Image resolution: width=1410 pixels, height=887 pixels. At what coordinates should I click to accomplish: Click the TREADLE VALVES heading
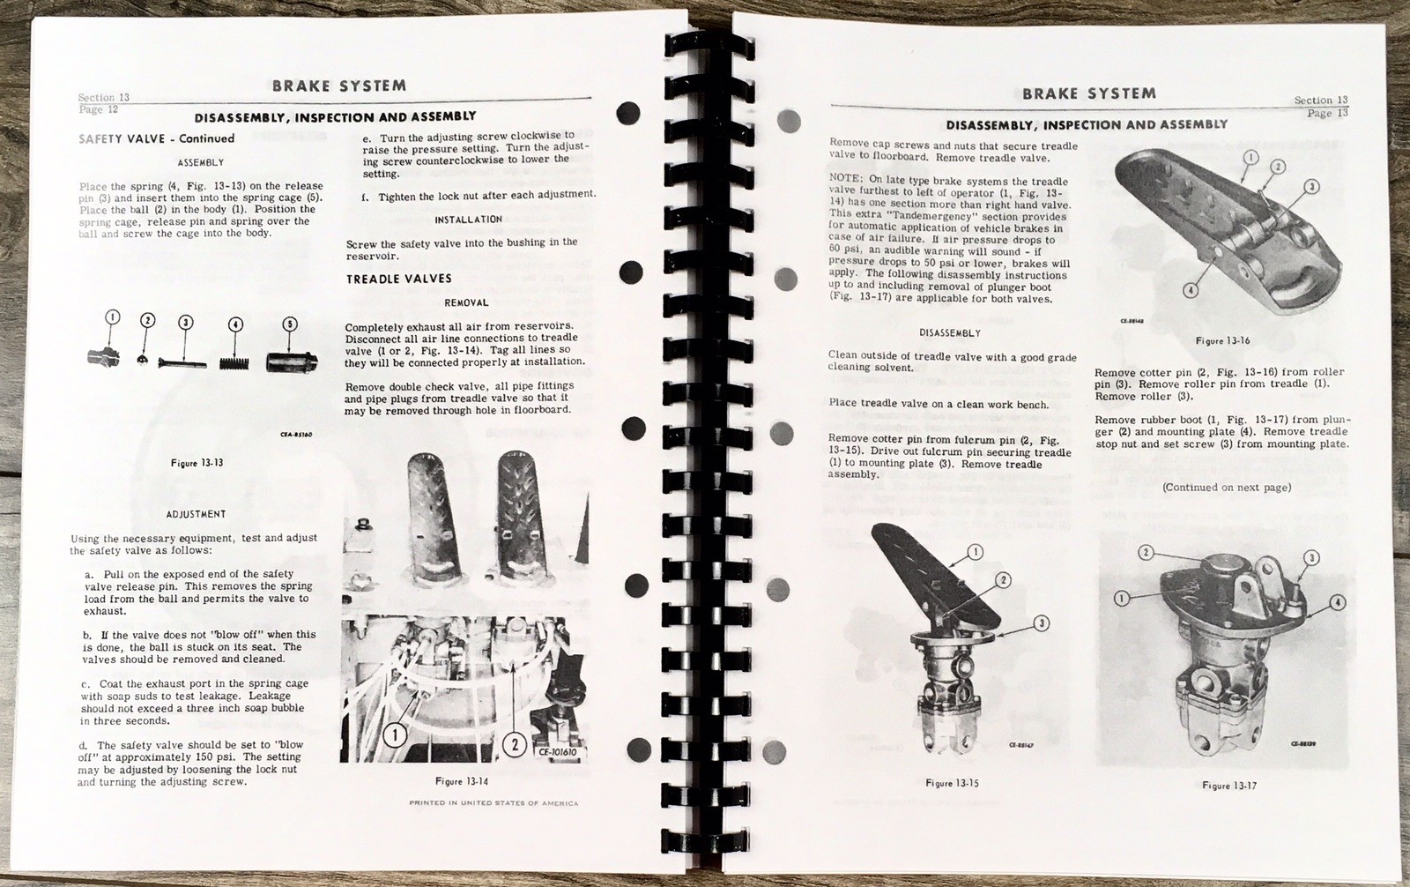tap(398, 279)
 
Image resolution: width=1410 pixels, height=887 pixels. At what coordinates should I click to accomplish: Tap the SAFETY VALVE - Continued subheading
tap(156, 138)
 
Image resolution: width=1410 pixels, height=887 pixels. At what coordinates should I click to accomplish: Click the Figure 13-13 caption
tap(197, 463)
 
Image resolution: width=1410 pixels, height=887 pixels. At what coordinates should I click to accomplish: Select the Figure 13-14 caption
tap(462, 781)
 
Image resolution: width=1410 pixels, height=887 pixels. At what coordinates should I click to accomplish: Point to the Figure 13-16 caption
tap(1222, 340)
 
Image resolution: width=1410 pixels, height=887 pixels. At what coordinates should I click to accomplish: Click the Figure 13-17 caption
tap(1228, 785)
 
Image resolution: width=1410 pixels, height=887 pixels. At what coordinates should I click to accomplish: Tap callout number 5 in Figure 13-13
tap(290, 324)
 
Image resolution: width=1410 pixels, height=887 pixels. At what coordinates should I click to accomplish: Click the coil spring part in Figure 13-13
tap(235, 362)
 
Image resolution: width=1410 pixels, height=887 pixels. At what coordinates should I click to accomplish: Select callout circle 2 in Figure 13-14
tap(515, 744)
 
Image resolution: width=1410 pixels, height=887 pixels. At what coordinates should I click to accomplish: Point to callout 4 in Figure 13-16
tap(1191, 290)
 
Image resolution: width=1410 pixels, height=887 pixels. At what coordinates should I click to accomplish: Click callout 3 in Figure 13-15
tap(1042, 623)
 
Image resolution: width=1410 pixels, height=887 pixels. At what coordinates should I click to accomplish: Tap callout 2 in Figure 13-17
tap(1146, 553)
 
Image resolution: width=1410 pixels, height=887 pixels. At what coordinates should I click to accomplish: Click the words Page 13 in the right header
tap(1327, 113)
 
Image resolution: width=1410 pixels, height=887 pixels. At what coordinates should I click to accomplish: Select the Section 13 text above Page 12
tap(103, 98)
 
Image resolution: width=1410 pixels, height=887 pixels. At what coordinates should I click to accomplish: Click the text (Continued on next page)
tap(1227, 488)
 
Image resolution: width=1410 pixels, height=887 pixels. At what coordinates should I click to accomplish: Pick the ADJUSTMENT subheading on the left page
tap(196, 514)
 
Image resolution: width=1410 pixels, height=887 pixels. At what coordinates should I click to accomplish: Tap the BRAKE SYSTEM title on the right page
tap(1089, 93)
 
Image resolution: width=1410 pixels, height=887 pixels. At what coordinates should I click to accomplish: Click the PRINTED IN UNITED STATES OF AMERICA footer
tap(493, 803)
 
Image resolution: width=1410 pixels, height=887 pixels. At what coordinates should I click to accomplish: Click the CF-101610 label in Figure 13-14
tap(561, 752)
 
